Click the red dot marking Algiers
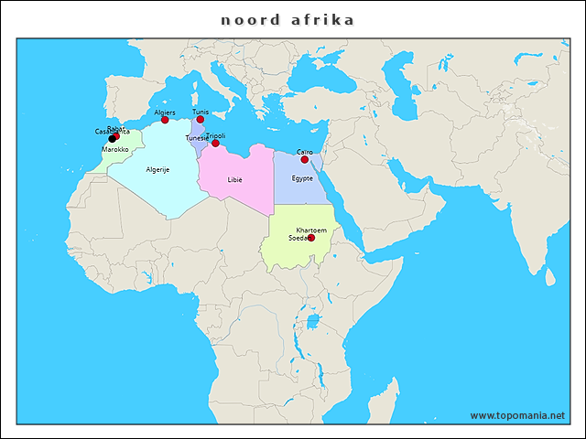point(165,120)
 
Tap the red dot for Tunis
point(200,120)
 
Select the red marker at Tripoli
point(215,143)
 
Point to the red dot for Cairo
point(305,159)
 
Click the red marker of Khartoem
point(310,238)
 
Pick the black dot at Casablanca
point(112,139)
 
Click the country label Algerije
point(157,169)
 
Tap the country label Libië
point(235,179)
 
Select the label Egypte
point(302,177)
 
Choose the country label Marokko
point(114,149)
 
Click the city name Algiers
point(165,112)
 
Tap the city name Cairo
point(305,152)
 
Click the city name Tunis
point(200,112)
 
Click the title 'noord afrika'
point(288,19)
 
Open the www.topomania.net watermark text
point(517,415)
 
